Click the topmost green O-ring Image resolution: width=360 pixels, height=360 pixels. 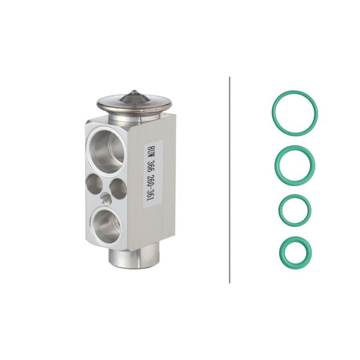pos(295,112)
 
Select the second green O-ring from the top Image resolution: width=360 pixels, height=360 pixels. pos(295,164)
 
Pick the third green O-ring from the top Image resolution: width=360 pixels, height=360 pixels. pos(295,210)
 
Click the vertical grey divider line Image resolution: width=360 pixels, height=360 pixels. pos(230,180)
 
